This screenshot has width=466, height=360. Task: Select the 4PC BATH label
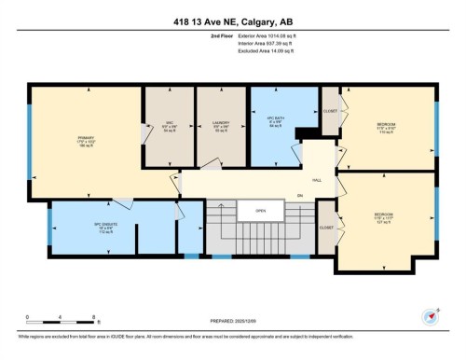click(273, 125)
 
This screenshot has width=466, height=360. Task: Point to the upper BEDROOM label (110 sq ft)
click(386, 127)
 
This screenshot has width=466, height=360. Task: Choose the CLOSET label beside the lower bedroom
click(326, 227)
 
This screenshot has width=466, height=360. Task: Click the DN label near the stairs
click(299, 195)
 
